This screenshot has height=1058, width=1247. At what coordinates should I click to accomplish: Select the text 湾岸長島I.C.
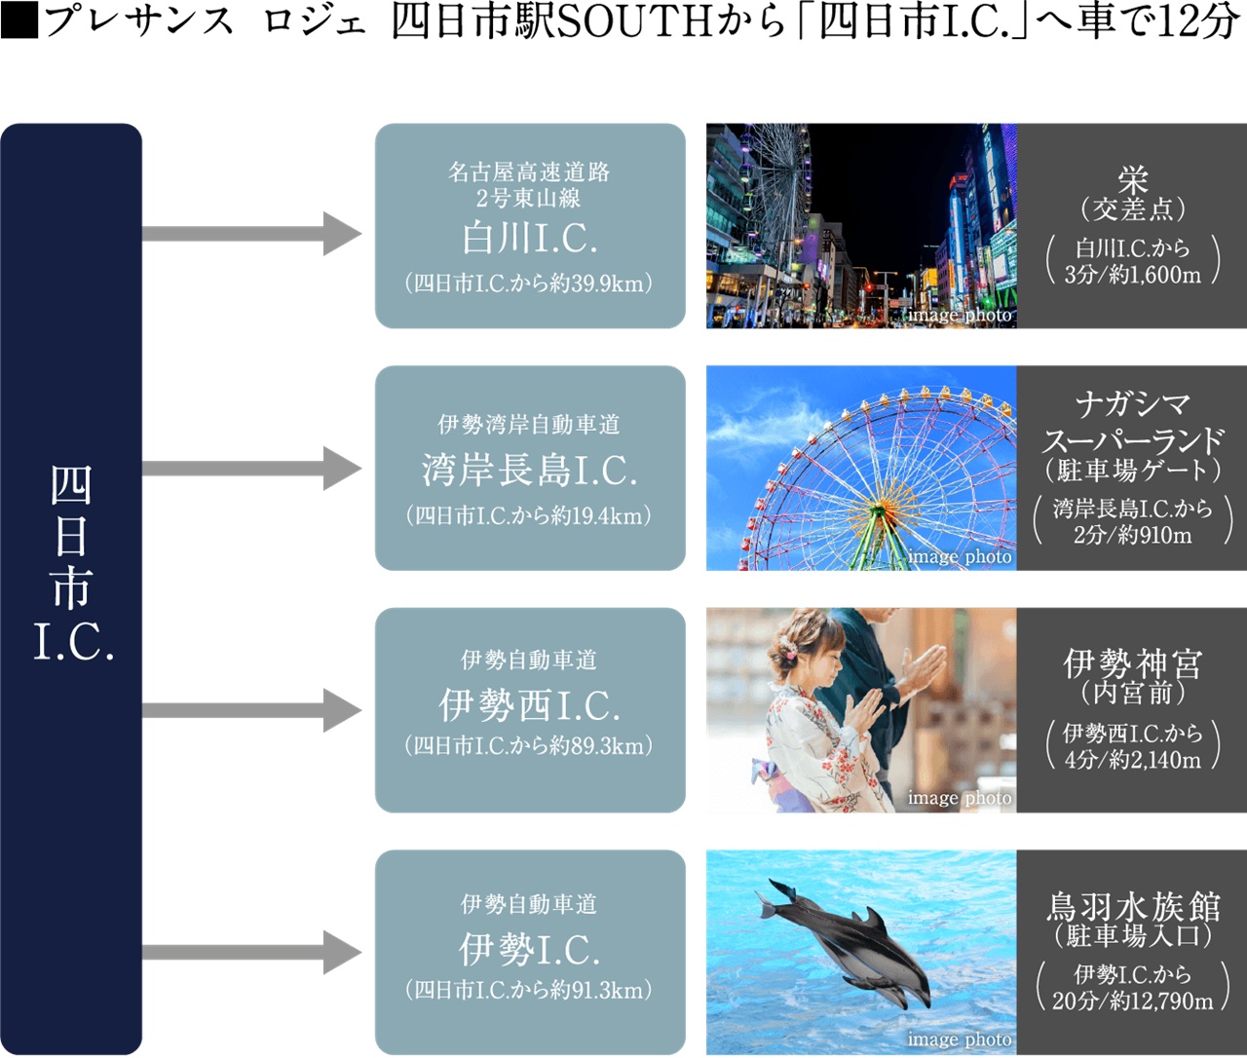point(530,471)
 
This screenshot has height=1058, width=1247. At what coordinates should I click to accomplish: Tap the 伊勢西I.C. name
point(530,705)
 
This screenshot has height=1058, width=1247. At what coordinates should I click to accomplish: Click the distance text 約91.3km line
point(530,990)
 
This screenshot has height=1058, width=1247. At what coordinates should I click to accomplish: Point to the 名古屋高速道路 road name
point(530,172)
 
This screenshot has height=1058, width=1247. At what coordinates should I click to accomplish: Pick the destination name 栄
point(1132,179)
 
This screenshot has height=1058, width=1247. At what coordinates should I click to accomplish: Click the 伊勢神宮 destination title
point(1132,664)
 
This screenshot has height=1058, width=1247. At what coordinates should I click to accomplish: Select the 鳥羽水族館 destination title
point(1132,907)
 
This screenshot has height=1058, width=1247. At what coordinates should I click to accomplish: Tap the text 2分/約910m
point(1132,535)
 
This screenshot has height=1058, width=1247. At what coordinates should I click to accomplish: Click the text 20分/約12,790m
point(1132,1001)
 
